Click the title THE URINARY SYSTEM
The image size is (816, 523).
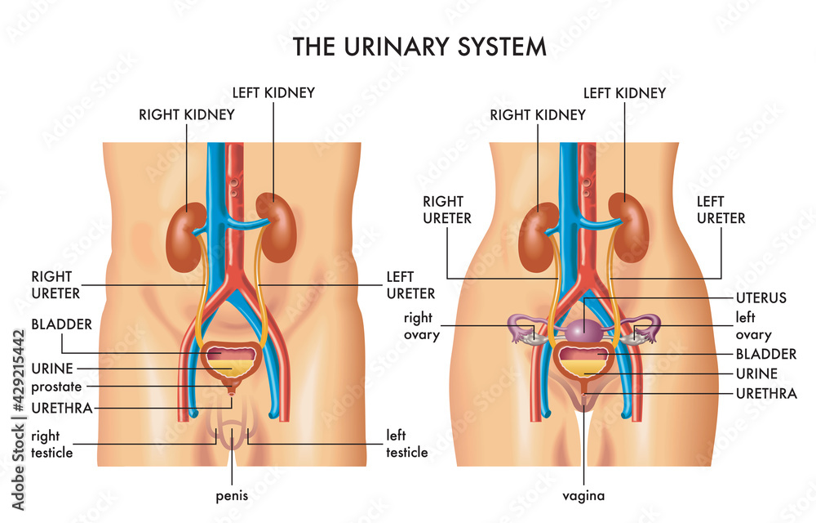[x=419, y=47]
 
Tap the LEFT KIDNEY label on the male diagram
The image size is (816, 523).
[x=273, y=92]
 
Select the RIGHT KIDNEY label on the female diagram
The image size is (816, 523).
[x=538, y=114]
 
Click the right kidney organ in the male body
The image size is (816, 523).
[x=186, y=237]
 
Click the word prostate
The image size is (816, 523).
[x=56, y=387]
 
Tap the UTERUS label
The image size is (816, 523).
[x=760, y=297]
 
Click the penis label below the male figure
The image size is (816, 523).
[x=233, y=495]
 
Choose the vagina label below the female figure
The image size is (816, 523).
[x=584, y=495]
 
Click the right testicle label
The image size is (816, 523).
[x=52, y=444]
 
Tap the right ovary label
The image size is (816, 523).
[x=421, y=325]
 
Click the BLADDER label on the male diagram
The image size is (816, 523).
[x=61, y=324]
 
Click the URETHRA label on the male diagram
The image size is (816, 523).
[x=61, y=407]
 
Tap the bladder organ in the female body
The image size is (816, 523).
[x=583, y=360]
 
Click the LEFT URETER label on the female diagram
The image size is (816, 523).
[x=721, y=209]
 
